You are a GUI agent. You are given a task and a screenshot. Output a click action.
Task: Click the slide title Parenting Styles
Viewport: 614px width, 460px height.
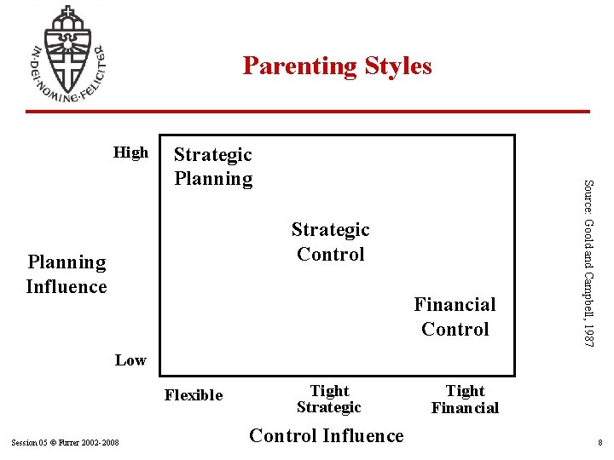[337, 66]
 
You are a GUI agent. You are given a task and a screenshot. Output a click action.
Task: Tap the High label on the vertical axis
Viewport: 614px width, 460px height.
[130, 152]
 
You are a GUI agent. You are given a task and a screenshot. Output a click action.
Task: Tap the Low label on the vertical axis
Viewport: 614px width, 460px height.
[130, 360]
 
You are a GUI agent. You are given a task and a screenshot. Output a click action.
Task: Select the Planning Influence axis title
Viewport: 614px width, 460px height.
[67, 274]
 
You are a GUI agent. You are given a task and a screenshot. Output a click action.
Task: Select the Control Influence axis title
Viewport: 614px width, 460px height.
[326, 436]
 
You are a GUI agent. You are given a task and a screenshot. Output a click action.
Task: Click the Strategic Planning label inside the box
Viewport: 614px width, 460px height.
[213, 166]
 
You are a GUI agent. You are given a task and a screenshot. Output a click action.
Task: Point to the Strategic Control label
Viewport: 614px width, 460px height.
[330, 241]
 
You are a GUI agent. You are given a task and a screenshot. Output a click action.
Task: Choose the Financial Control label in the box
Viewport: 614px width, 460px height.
[455, 316]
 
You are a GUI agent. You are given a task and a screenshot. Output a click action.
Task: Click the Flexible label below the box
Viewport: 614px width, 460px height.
[194, 395]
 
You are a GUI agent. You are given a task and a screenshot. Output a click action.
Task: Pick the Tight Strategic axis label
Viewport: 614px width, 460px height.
[329, 399]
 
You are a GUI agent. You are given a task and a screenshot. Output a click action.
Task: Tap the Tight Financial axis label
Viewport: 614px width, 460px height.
[465, 399]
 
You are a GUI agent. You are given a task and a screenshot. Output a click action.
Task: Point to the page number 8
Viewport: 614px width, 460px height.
[600, 443]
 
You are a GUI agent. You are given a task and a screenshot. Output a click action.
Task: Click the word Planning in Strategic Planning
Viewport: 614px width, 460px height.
[213, 178]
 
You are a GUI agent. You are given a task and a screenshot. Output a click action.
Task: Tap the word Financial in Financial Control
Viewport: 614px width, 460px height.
[455, 304]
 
